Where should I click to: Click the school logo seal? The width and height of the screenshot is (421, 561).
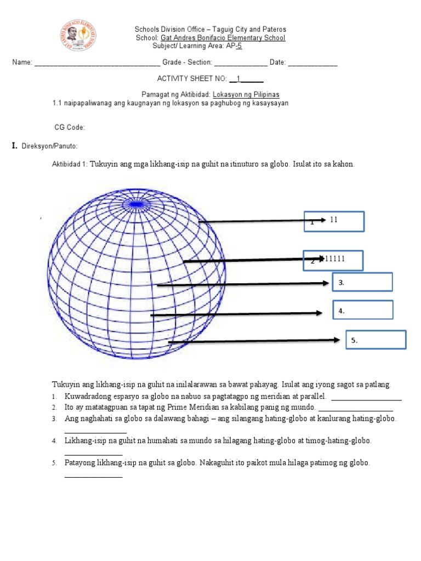point(77,36)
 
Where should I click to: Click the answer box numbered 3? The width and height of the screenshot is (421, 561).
point(362,282)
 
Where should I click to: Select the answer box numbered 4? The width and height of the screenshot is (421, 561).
point(362,310)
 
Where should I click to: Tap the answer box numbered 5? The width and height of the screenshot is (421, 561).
point(376,340)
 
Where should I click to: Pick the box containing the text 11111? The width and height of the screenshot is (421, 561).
point(334,260)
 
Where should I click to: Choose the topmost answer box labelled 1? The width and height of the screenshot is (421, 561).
point(334,221)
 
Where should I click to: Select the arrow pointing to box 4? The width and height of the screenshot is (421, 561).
point(236,314)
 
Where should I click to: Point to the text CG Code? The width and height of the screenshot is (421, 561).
point(70,128)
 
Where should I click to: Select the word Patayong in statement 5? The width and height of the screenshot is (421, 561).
point(80,463)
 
